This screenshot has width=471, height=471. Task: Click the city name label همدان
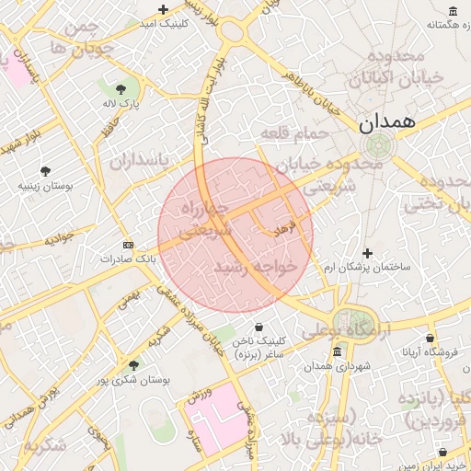386,121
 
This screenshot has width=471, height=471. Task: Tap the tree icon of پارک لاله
121,88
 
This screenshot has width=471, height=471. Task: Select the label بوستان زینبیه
45,186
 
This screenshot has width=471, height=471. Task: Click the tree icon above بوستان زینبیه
45,171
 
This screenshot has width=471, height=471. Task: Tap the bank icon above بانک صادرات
128,245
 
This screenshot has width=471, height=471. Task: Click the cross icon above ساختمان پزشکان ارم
368,253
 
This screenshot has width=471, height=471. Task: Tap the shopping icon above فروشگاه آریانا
429,338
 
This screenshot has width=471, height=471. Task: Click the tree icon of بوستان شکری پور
134,365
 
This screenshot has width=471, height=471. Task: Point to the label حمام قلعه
294,135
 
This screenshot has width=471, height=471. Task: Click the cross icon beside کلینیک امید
163,10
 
